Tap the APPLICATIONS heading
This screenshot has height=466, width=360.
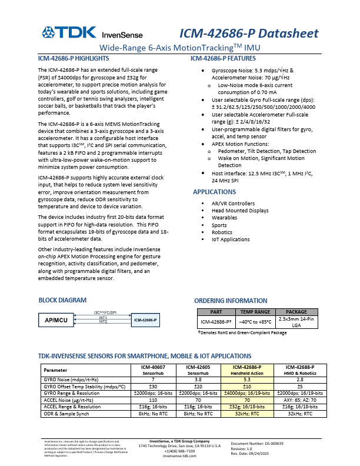point(215,192)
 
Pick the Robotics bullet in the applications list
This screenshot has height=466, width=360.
point(223,232)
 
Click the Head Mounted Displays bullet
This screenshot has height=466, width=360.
point(240,211)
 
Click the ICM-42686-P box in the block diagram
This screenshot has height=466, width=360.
point(146,320)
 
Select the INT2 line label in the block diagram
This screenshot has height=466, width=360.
point(103,322)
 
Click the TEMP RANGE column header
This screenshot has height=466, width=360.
point(254,312)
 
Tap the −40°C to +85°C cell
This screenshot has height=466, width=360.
point(254,322)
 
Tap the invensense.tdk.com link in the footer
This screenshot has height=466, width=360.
point(179,456)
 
